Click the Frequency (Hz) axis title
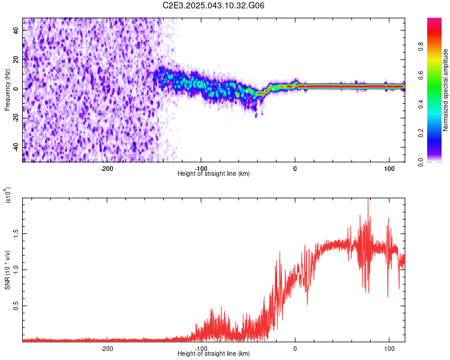(x=7, y=89)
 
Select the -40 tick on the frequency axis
(x=17, y=147)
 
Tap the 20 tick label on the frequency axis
(x=17, y=60)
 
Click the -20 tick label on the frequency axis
(x=17, y=118)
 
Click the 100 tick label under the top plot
(x=389, y=168)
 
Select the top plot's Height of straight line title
(x=214, y=174)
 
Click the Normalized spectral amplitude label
(x=446, y=90)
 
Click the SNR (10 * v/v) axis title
(x=7, y=269)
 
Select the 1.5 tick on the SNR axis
(x=17, y=233)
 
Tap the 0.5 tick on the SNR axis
(x=17, y=305)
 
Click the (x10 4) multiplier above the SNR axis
(x=7, y=196)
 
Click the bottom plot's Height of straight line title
(x=214, y=354)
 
